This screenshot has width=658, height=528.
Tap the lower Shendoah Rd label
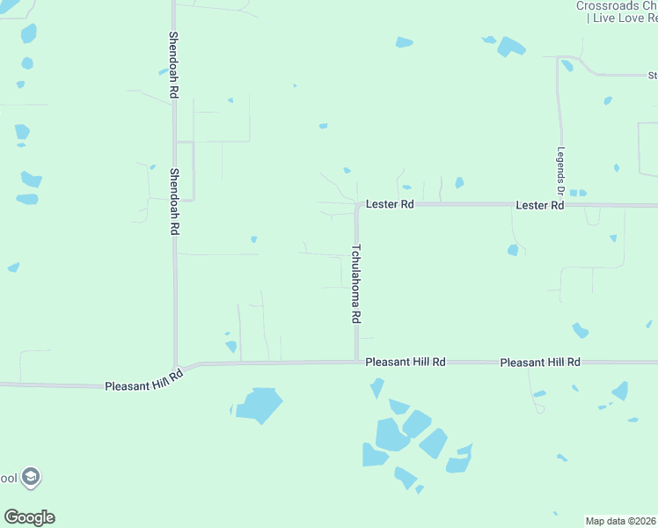point(174,201)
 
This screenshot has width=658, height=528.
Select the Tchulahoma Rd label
point(356,282)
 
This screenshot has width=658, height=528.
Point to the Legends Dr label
point(559,171)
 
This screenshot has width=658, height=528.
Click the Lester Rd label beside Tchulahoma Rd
point(390,204)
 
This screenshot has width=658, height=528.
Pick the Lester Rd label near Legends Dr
point(539,205)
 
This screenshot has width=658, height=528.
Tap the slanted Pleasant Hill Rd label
point(143,381)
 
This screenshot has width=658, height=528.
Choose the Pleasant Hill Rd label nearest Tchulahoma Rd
point(406,362)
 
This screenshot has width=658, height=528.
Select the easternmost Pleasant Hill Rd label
point(540,362)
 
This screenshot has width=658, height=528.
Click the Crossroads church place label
point(617,6)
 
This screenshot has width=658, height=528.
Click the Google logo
point(29,517)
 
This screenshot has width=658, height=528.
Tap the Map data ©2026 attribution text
point(621,521)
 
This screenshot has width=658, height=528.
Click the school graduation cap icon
point(31,478)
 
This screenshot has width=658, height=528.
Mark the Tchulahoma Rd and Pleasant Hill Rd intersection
point(356,361)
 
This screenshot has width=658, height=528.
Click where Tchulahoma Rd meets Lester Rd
point(357,204)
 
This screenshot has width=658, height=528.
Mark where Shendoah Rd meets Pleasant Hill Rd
point(177,367)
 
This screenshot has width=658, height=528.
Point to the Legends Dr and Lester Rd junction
point(559,205)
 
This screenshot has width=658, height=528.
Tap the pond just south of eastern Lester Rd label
point(513,251)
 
